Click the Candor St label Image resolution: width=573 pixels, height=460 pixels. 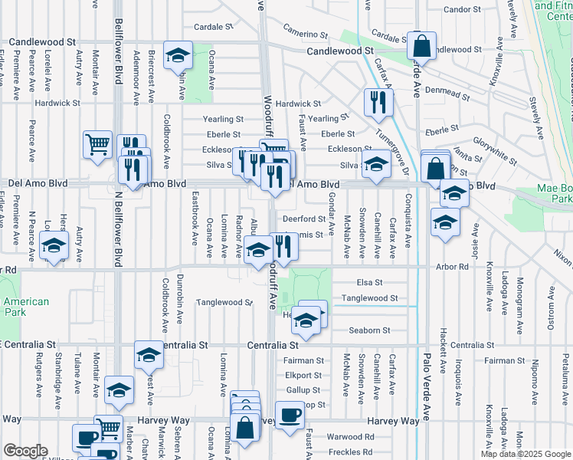460,10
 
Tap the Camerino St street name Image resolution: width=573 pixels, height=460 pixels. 305,32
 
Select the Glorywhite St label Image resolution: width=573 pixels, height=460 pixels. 494,142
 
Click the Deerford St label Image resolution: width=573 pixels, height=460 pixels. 310,219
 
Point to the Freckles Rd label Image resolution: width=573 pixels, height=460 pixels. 349,452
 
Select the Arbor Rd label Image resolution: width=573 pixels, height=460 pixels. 453,266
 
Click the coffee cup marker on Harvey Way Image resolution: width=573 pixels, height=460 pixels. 289,416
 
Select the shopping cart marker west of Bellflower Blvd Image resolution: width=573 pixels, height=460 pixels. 97,143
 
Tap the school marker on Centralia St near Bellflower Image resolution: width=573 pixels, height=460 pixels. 149,354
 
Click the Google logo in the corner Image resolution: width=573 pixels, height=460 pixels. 25,451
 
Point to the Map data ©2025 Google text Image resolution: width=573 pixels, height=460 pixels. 525,454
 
